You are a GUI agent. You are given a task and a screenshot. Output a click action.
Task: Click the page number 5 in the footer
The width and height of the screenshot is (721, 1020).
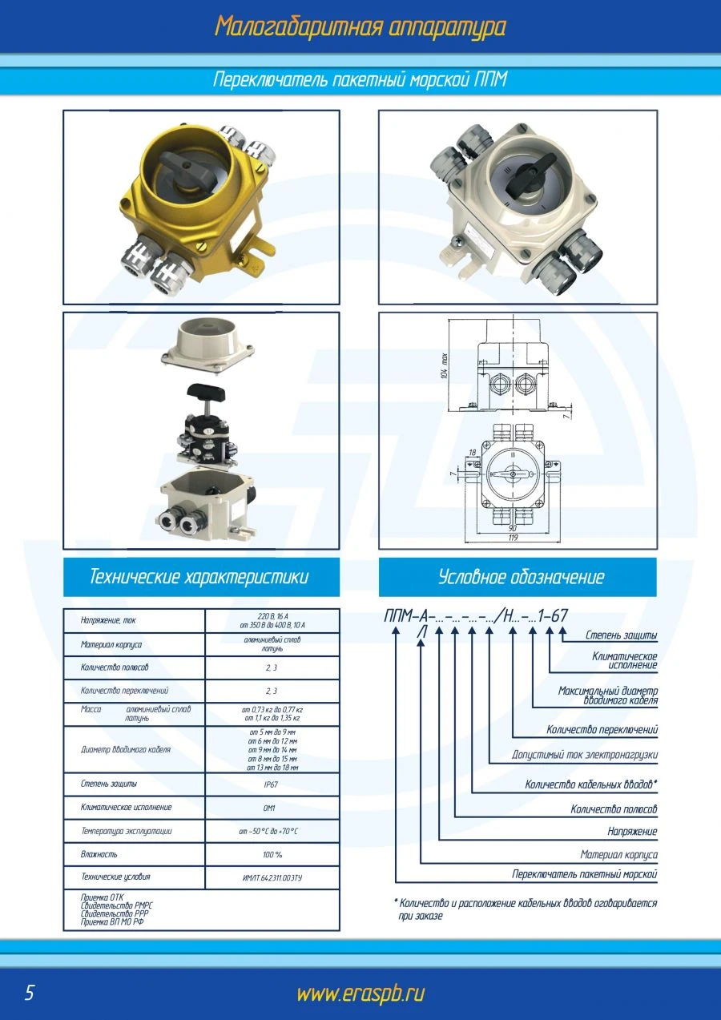(x=30, y=993)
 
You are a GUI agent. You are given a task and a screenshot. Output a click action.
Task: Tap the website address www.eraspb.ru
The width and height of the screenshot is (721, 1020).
(x=360, y=994)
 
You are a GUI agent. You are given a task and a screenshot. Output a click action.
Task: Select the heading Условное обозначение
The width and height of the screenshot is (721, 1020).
(x=521, y=577)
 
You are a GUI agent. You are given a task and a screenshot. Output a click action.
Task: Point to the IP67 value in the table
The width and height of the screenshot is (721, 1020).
(x=271, y=784)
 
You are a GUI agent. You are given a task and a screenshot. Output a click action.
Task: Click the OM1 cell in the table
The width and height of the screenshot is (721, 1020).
(x=271, y=808)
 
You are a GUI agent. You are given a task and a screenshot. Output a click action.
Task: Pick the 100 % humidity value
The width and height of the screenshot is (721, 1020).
(x=272, y=855)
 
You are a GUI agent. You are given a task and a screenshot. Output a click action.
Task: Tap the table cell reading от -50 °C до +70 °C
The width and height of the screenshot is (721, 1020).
(x=272, y=832)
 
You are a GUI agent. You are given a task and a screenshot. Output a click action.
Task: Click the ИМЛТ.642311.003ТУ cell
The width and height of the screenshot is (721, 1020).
(x=272, y=878)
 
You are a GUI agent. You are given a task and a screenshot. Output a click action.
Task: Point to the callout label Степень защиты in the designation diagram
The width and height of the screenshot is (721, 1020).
(x=621, y=635)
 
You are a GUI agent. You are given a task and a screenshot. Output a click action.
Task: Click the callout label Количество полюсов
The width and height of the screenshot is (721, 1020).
(x=614, y=809)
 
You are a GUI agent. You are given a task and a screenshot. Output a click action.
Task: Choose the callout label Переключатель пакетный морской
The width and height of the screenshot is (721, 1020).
(x=585, y=874)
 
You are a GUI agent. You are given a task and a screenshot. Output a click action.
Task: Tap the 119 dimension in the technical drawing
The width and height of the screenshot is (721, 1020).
(x=512, y=538)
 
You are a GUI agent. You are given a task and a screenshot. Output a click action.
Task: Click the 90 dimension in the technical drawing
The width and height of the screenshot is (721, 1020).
(x=511, y=528)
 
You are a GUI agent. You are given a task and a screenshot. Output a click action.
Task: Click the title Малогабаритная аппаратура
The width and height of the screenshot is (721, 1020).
(x=360, y=26)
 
